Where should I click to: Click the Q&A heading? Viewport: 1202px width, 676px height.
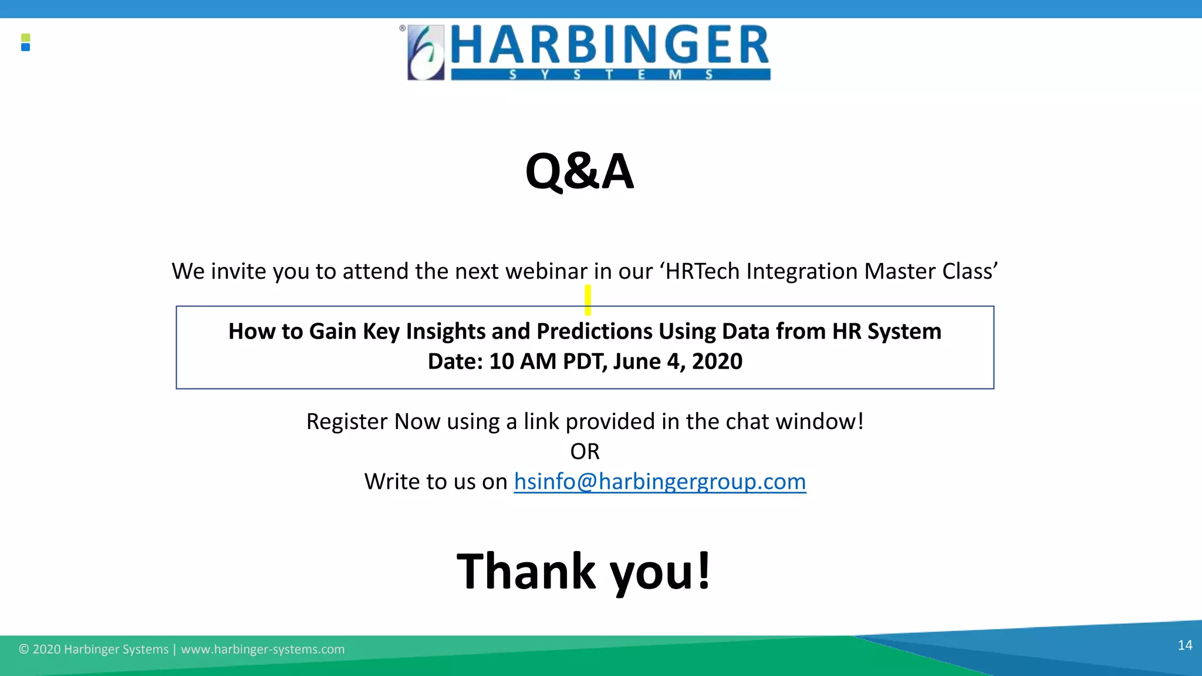(x=579, y=171)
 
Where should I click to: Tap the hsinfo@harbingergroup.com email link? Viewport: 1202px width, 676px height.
(x=660, y=482)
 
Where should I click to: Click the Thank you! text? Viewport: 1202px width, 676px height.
(x=583, y=571)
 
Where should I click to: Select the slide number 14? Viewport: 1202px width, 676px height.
(x=1184, y=645)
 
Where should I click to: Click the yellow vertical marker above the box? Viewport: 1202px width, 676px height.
(x=588, y=300)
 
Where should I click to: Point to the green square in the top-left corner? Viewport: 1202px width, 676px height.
(x=25, y=38)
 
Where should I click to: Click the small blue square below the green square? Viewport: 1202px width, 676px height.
(x=25, y=48)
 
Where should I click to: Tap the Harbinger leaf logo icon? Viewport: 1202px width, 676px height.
(x=426, y=52)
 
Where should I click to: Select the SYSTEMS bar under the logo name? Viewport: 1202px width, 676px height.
(x=610, y=75)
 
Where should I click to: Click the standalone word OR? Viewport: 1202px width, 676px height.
(x=585, y=452)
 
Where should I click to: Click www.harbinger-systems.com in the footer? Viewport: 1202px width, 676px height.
(x=262, y=650)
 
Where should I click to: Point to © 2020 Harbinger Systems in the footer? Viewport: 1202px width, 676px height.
(x=94, y=650)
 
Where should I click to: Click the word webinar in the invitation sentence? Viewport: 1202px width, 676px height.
(x=546, y=272)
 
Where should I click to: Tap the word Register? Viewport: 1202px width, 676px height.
(x=346, y=422)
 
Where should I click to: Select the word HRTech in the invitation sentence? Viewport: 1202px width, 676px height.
(x=702, y=272)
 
